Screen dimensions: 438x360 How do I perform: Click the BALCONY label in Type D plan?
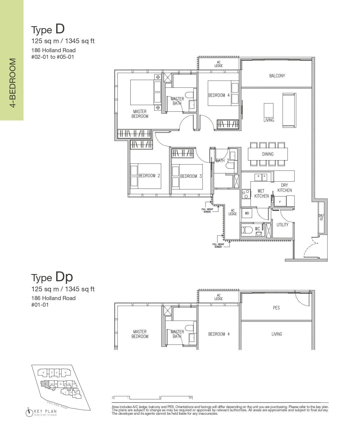point(277,76)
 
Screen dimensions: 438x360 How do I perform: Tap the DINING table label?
point(268,154)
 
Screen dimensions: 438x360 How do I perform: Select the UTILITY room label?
point(282,225)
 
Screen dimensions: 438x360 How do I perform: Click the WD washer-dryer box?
point(247,213)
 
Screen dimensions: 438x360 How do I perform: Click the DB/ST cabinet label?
point(321,217)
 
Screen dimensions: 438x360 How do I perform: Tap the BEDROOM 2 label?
point(149,176)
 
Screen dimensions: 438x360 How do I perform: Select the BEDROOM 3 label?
point(191,176)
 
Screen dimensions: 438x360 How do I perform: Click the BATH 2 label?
point(222,160)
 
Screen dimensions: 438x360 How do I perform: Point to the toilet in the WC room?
point(247,230)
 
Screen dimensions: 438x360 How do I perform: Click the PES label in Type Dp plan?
point(276,308)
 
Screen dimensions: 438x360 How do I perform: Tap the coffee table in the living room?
point(269,110)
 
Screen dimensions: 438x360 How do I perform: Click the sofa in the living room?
point(289,110)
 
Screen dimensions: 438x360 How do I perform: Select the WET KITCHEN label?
point(261,194)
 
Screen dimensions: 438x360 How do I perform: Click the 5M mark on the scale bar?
point(190,397)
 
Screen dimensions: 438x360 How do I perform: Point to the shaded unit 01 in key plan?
point(45,384)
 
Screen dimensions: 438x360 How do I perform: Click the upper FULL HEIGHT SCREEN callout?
point(207,211)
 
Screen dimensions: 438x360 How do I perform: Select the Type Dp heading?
point(52,277)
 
